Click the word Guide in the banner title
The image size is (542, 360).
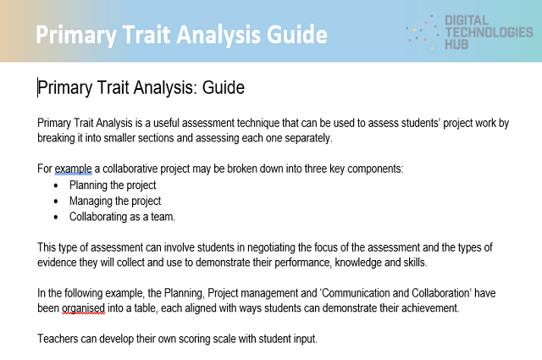(x=296, y=35)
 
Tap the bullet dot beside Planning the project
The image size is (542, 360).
(x=57, y=185)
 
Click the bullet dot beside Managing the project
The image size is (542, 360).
(x=57, y=201)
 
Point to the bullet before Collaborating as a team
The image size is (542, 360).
(x=57, y=217)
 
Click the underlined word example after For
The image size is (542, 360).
(x=73, y=169)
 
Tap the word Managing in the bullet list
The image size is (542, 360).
(x=91, y=201)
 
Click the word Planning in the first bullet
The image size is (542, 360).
(x=91, y=185)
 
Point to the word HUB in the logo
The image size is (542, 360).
(x=458, y=44)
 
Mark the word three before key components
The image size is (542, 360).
(x=308, y=169)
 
